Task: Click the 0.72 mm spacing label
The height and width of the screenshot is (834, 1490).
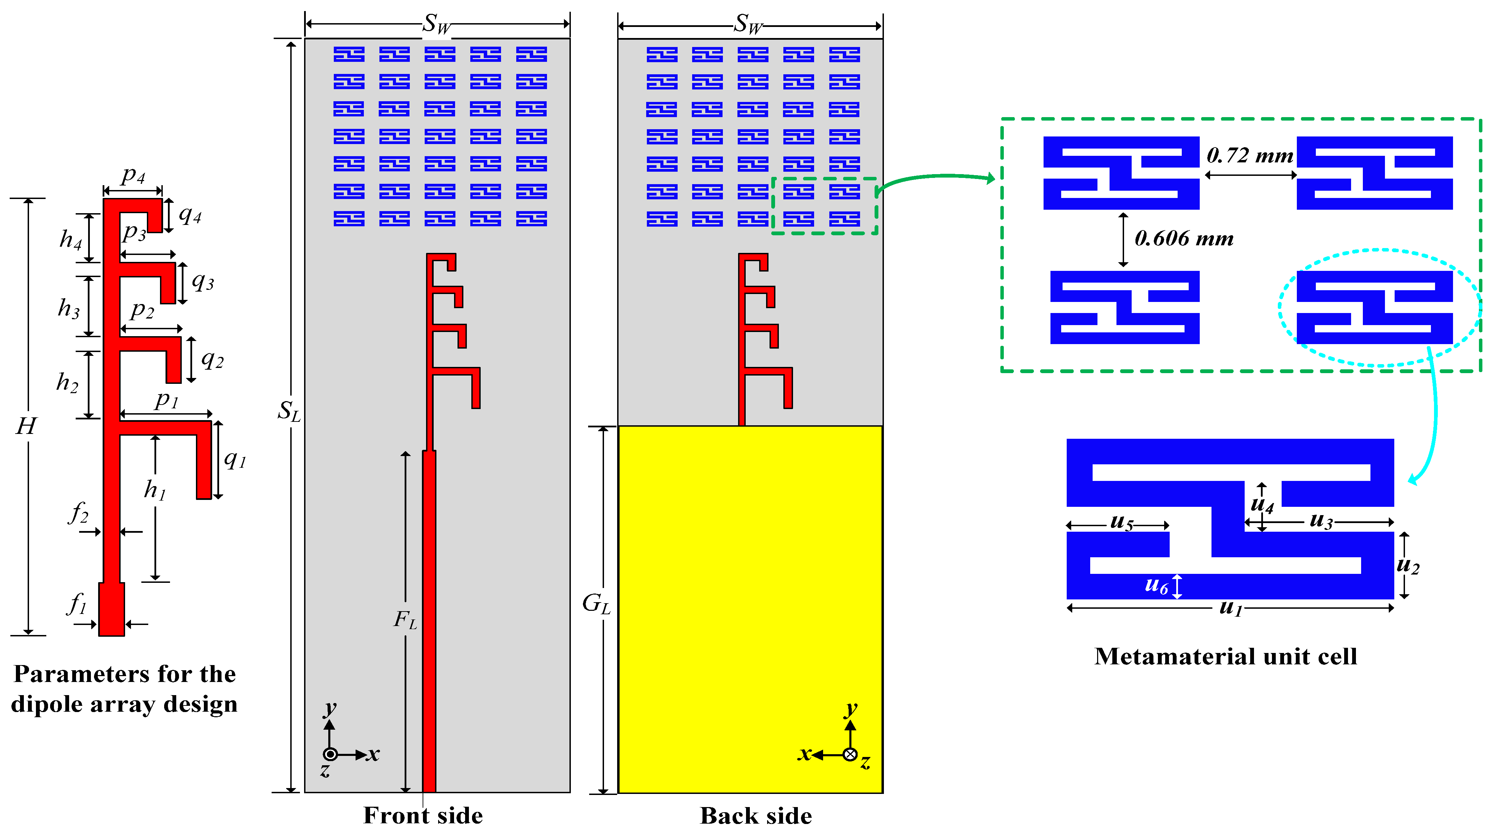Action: pos(1249,155)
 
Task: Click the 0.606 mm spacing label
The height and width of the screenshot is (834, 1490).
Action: pos(1183,238)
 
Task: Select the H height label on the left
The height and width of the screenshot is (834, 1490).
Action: pos(26,426)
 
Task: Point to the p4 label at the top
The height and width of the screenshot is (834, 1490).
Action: pos(133,175)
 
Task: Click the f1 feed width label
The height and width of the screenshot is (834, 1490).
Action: pos(77,604)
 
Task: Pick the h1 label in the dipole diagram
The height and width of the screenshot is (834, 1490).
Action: pos(154,490)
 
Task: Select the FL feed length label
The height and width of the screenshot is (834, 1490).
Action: pos(405,620)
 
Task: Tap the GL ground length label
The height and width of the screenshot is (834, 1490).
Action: pos(596,604)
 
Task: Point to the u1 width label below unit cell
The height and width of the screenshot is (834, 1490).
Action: pos(1230,608)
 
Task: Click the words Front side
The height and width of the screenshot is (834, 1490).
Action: pos(423,815)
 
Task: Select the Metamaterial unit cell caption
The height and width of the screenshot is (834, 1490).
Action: pos(1225,656)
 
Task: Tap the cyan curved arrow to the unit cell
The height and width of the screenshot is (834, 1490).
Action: pos(1433,416)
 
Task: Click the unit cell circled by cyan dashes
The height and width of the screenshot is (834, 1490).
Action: pos(1374,307)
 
